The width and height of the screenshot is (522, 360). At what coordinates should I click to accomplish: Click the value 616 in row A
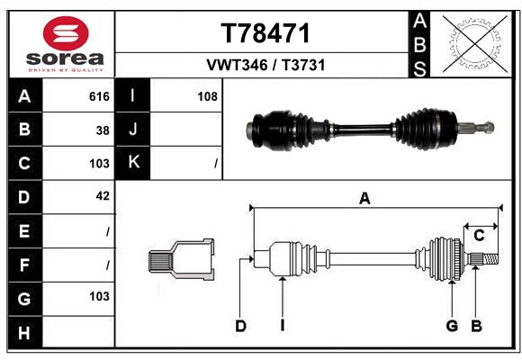[x=99, y=96]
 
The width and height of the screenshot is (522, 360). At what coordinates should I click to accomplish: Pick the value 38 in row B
[x=103, y=130]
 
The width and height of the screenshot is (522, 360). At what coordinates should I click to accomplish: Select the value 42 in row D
[x=103, y=195]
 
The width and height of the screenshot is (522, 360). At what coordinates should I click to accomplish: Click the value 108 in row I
[x=207, y=96]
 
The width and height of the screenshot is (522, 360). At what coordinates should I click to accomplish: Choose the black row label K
[x=133, y=163]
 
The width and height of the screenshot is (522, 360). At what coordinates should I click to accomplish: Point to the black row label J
[x=133, y=130]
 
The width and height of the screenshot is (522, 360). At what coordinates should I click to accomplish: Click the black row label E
[x=24, y=230]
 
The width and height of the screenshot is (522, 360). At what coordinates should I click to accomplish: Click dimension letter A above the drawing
[x=364, y=199]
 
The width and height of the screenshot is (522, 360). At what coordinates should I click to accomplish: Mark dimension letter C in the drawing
[x=480, y=235]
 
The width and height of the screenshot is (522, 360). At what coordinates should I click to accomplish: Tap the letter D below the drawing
[x=240, y=326]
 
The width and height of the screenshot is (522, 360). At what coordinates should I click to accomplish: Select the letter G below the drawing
[x=452, y=326]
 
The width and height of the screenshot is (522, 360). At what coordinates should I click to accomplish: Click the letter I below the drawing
[x=282, y=326]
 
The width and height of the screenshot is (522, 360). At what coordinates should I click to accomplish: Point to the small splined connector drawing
[x=181, y=261]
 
